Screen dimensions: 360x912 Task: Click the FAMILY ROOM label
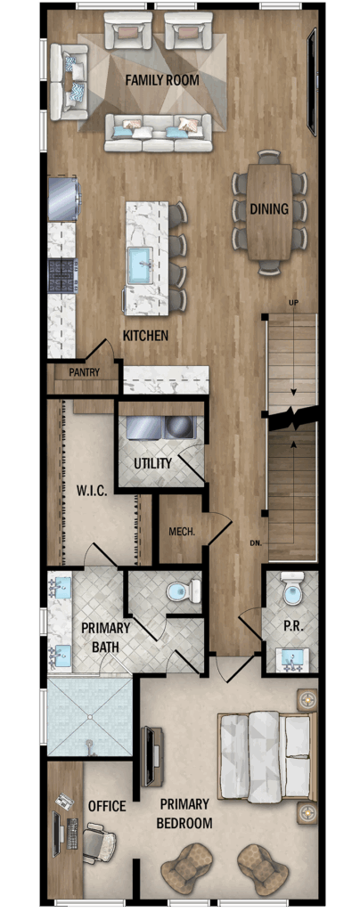coord(162,80)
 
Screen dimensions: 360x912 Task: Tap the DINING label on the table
coord(269,209)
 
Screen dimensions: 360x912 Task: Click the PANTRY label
coord(85,372)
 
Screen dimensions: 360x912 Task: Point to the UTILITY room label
coord(152,463)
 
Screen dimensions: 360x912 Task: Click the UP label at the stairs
coord(294,303)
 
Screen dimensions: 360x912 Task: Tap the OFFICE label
coord(107,806)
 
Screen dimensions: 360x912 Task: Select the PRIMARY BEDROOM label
coord(186,814)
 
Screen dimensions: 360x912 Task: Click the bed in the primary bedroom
coord(266,756)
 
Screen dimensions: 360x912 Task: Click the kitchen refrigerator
coord(64,199)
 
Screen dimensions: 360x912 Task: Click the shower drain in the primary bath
coord(90,742)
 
